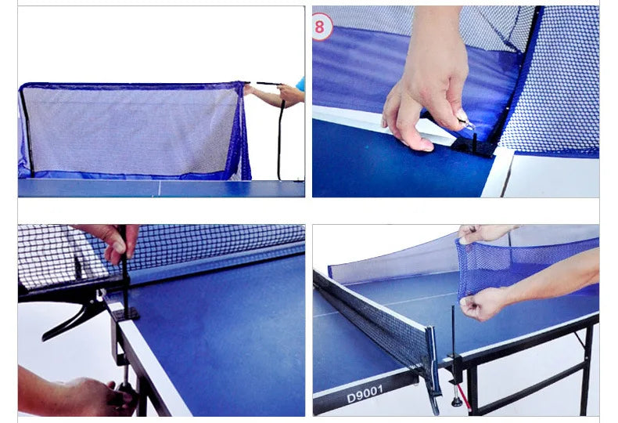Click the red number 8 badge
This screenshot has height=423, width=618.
(322, 27)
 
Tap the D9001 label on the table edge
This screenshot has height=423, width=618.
(365, 394)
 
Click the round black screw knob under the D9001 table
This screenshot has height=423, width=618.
(457, 402)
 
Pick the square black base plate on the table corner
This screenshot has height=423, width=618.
(125, 314)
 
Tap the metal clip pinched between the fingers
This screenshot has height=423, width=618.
(465, 124)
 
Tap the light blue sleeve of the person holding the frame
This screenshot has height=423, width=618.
(300, 84)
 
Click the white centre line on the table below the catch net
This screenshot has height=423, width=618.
(160, 188)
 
